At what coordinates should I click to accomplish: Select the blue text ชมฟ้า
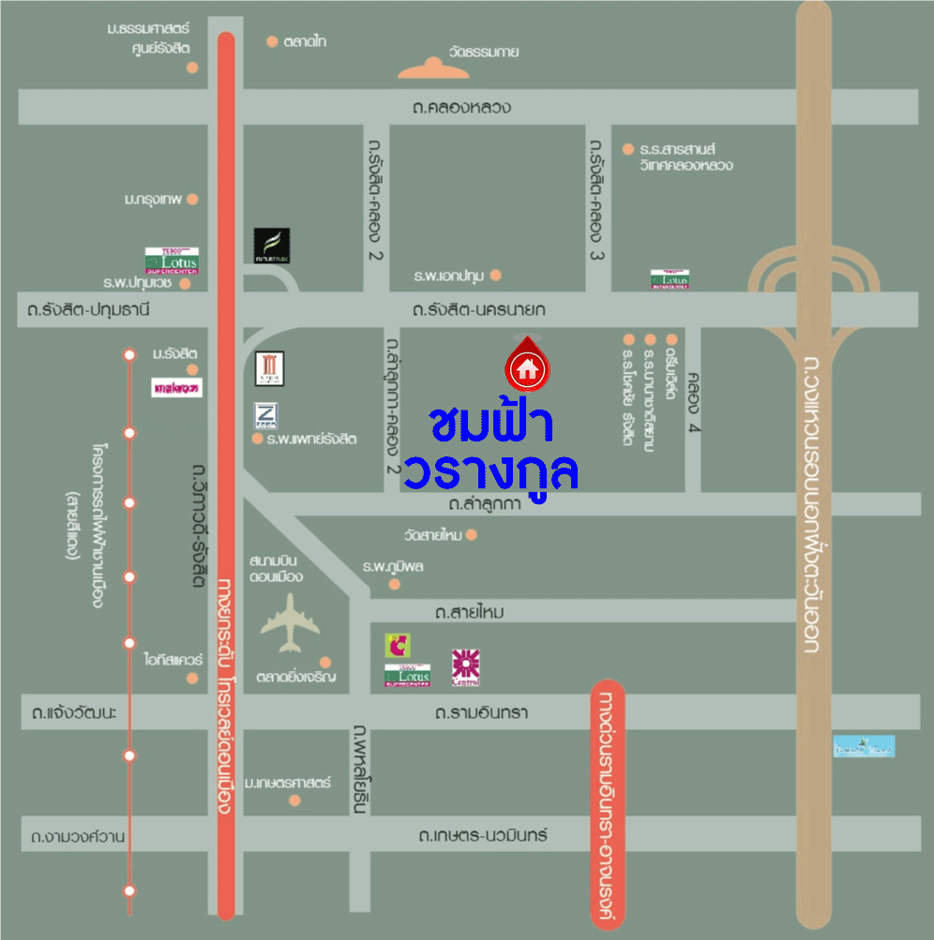pyautogui.click(x=491, y=424)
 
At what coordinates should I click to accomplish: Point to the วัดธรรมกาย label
pyautogui.click(x=484, y=52)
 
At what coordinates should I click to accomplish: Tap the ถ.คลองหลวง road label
pyautogui.click(x=461, y=107)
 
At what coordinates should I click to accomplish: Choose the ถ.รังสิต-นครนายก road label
pyautogui.click(x=479, y=309)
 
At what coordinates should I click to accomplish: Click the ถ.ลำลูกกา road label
pyautogui.click(x=484, y=504)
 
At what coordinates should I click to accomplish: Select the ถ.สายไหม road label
pyautogui.click(x=469, y=612)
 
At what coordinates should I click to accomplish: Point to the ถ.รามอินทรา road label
pyautogui.click(x=481, y=712)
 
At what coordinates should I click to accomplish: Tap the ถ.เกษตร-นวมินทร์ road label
pyautogui.click(x=483, y=834)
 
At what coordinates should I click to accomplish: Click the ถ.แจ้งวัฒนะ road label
pyautogui.click(x=73, y=713)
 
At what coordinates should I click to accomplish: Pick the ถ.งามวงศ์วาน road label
pyautogui.click(x=78, y=835)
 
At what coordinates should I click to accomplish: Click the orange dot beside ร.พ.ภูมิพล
pyautogui.click(x=395, y=584)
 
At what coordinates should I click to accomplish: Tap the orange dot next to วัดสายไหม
pyautogui.click(x=472, y=535)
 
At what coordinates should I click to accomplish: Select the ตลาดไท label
pyautogui.click(x=305, y=41)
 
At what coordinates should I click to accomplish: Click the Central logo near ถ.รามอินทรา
pyautogui.click(x=466, y=666)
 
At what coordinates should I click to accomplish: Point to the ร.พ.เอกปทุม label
pyautogui.click(x=448, y=276)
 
